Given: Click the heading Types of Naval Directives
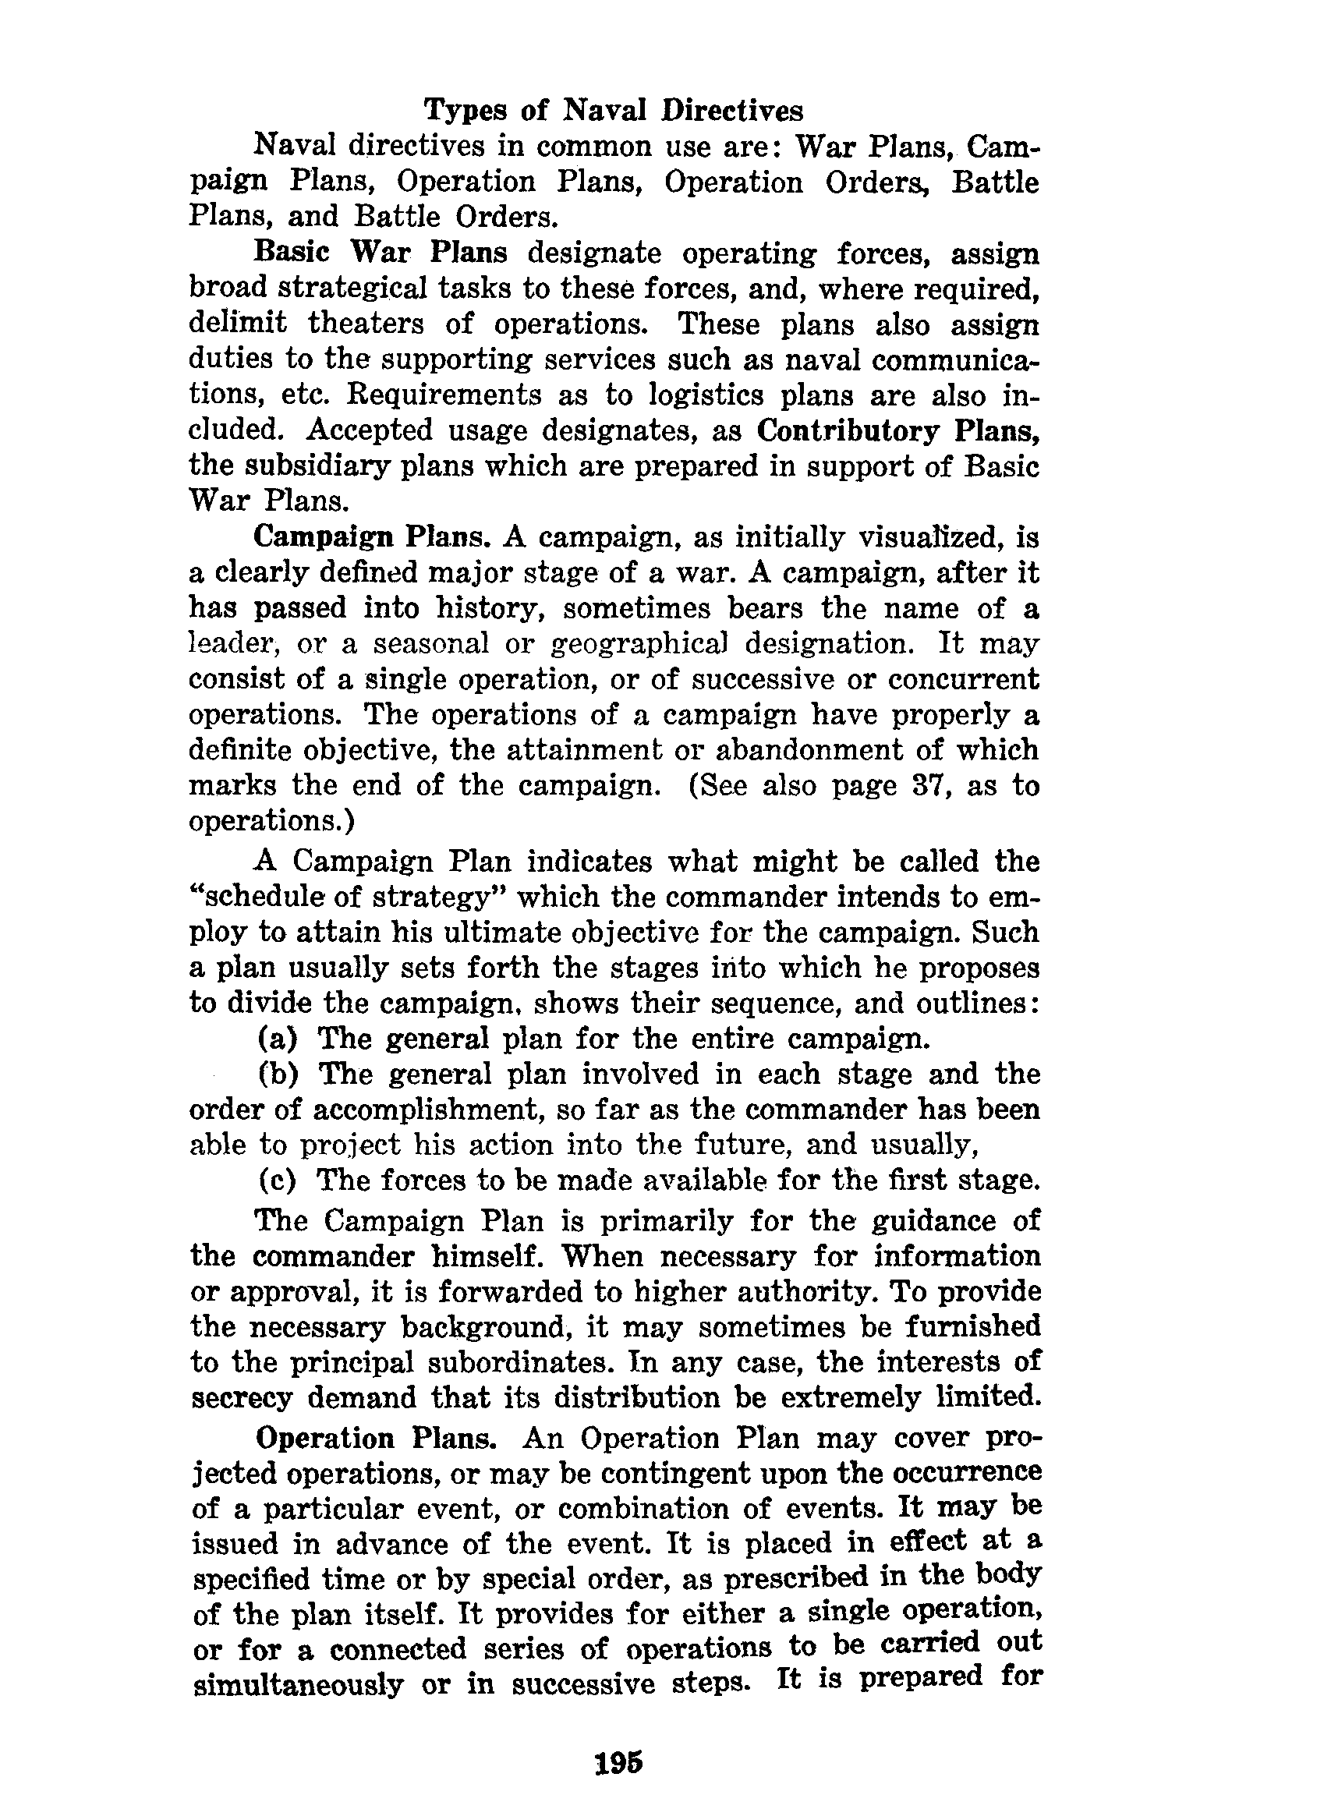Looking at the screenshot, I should [x=613, y=110].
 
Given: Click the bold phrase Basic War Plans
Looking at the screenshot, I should [x=381, y=253].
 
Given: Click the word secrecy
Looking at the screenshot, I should [x=241, y=1399].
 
